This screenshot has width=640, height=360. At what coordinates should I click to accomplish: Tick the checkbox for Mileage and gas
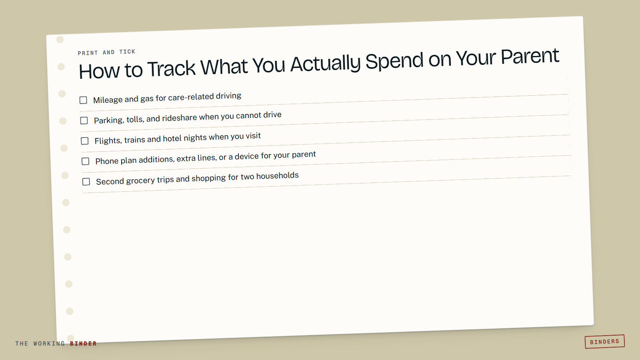pyautogui.click(x=83, y=100)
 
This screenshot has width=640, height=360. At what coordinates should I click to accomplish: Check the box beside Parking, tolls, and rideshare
pyautogui.click(x=84, y=120)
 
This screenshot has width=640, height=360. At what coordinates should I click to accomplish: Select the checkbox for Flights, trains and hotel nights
pyautogui.click(x=84, y=141)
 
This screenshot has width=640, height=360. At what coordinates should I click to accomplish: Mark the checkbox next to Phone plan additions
pyautogui.click(x=86, y=162)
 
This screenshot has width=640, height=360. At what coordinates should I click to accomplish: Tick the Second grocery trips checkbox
pyautogui.click(x=86, y=182)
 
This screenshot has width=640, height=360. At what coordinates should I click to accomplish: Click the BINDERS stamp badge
pyautogui.click(x=604, y=342)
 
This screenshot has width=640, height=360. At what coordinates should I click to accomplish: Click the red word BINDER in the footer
pyautogui.click(x=83, y=344)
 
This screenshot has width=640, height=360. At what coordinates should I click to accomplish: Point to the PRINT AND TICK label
pyautogui.click(x=106, y=52)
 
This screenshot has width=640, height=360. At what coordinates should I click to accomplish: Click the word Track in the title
pyautogui.click(x=172, y=69)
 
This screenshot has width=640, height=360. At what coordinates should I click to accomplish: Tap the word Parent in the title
pyautogui.click(x=530, y=56)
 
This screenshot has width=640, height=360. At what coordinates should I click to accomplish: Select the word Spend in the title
pyautogui.click(x=394, y=61)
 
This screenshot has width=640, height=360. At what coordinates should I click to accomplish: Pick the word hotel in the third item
pyautogui.click(x=172, y=138)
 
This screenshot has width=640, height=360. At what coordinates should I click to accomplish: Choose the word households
pyautogui.click(x=278, y=176)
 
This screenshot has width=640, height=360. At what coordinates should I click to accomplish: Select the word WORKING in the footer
pyautogui.click(x=49, y=344)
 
